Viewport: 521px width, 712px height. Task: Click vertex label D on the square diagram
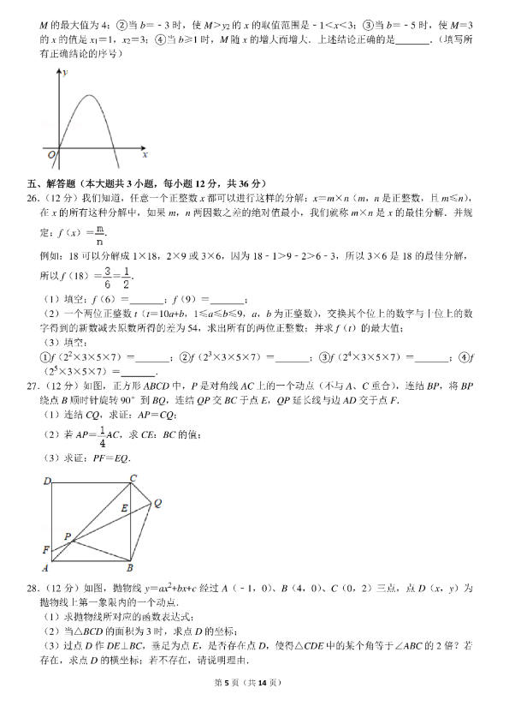point(48,481)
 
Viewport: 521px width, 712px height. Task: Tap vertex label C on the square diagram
point(133,478)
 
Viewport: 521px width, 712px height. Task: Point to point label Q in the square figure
point(158,505)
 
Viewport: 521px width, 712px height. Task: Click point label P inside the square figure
point(67,535)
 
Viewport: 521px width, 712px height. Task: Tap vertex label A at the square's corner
point(45,567)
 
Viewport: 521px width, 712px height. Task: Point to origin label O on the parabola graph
point(51,154)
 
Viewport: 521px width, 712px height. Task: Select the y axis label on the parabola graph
point(65,75)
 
